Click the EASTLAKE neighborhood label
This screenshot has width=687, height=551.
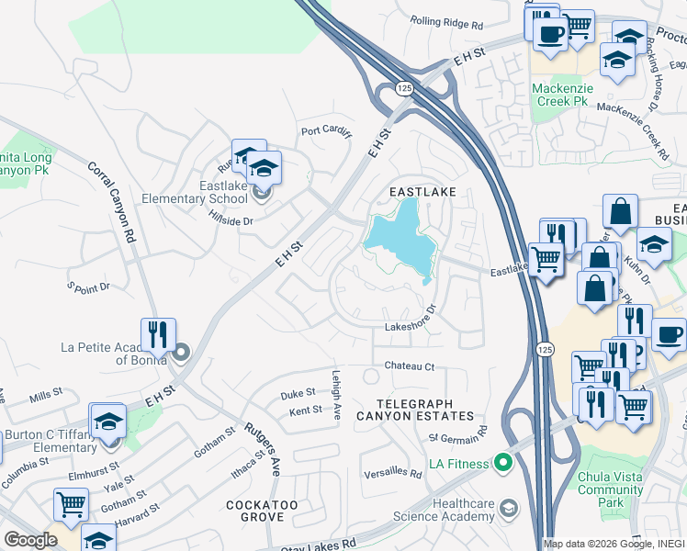pyautogui.click(x=422, y=192)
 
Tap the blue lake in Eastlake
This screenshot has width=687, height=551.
pyautogui.click(x=400, y=239)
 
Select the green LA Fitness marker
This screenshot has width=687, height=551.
pyautogui.click(x=502, y=462)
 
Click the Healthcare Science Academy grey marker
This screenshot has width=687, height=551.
pyautogui.click(x=510, y=508)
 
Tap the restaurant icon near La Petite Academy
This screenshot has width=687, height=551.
pyautogui.click(x=155, y=335)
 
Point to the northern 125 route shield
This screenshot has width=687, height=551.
pyautogui.click(x=404, y=88)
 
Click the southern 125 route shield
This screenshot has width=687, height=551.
pyautogui.click(x=543, y=348)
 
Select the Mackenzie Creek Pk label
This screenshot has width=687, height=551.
pyautogui.click(x=563, y=95)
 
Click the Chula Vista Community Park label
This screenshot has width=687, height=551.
pyautogui.click(x=611, y=489)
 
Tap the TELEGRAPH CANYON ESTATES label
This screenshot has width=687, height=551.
pyautogui.click(x=427, y=410)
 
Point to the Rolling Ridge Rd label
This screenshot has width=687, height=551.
pyautogui.click(x=446, y=23)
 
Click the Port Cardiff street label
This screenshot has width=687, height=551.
pyautogui.click(x=326, y=131)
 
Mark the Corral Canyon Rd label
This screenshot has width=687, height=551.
pyautogui.click(x=111, y=203)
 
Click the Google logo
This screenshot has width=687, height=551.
pyautogui.click(x=30, y=540)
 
